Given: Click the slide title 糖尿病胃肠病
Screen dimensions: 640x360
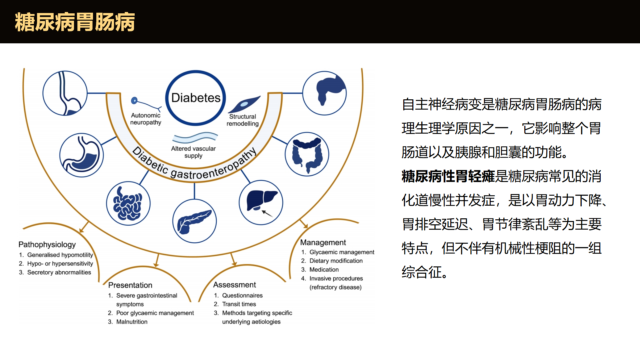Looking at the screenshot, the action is click(75, 22).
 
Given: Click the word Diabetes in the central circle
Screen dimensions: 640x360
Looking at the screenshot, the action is click(196, 98).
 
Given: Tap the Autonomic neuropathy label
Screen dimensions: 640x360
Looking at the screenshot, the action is click(146, 119).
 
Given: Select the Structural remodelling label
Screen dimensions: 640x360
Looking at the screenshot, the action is click(243, 120).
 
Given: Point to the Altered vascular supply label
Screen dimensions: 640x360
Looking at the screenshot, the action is click(193, 152).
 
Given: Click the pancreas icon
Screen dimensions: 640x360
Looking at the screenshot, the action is click(194, 221).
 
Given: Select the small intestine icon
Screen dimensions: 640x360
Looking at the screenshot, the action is click(128, 203).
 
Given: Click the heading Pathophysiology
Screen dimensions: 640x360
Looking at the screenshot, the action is click(47, 244).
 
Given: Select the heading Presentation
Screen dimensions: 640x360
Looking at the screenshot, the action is click(130, 285).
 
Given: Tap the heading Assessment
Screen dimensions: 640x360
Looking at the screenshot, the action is click(235, 285).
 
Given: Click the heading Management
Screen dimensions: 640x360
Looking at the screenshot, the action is click(323, 242).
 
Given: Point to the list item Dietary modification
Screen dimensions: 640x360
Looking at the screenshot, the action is click(336, 261).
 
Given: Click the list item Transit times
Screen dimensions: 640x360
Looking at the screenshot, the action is click(239, 304).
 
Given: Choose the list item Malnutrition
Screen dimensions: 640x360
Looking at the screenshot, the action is click(132, 322).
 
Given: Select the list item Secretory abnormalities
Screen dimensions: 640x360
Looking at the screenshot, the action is click(59, 272).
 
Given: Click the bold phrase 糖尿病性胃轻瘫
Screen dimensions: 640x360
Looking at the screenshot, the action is click(448, 176).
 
